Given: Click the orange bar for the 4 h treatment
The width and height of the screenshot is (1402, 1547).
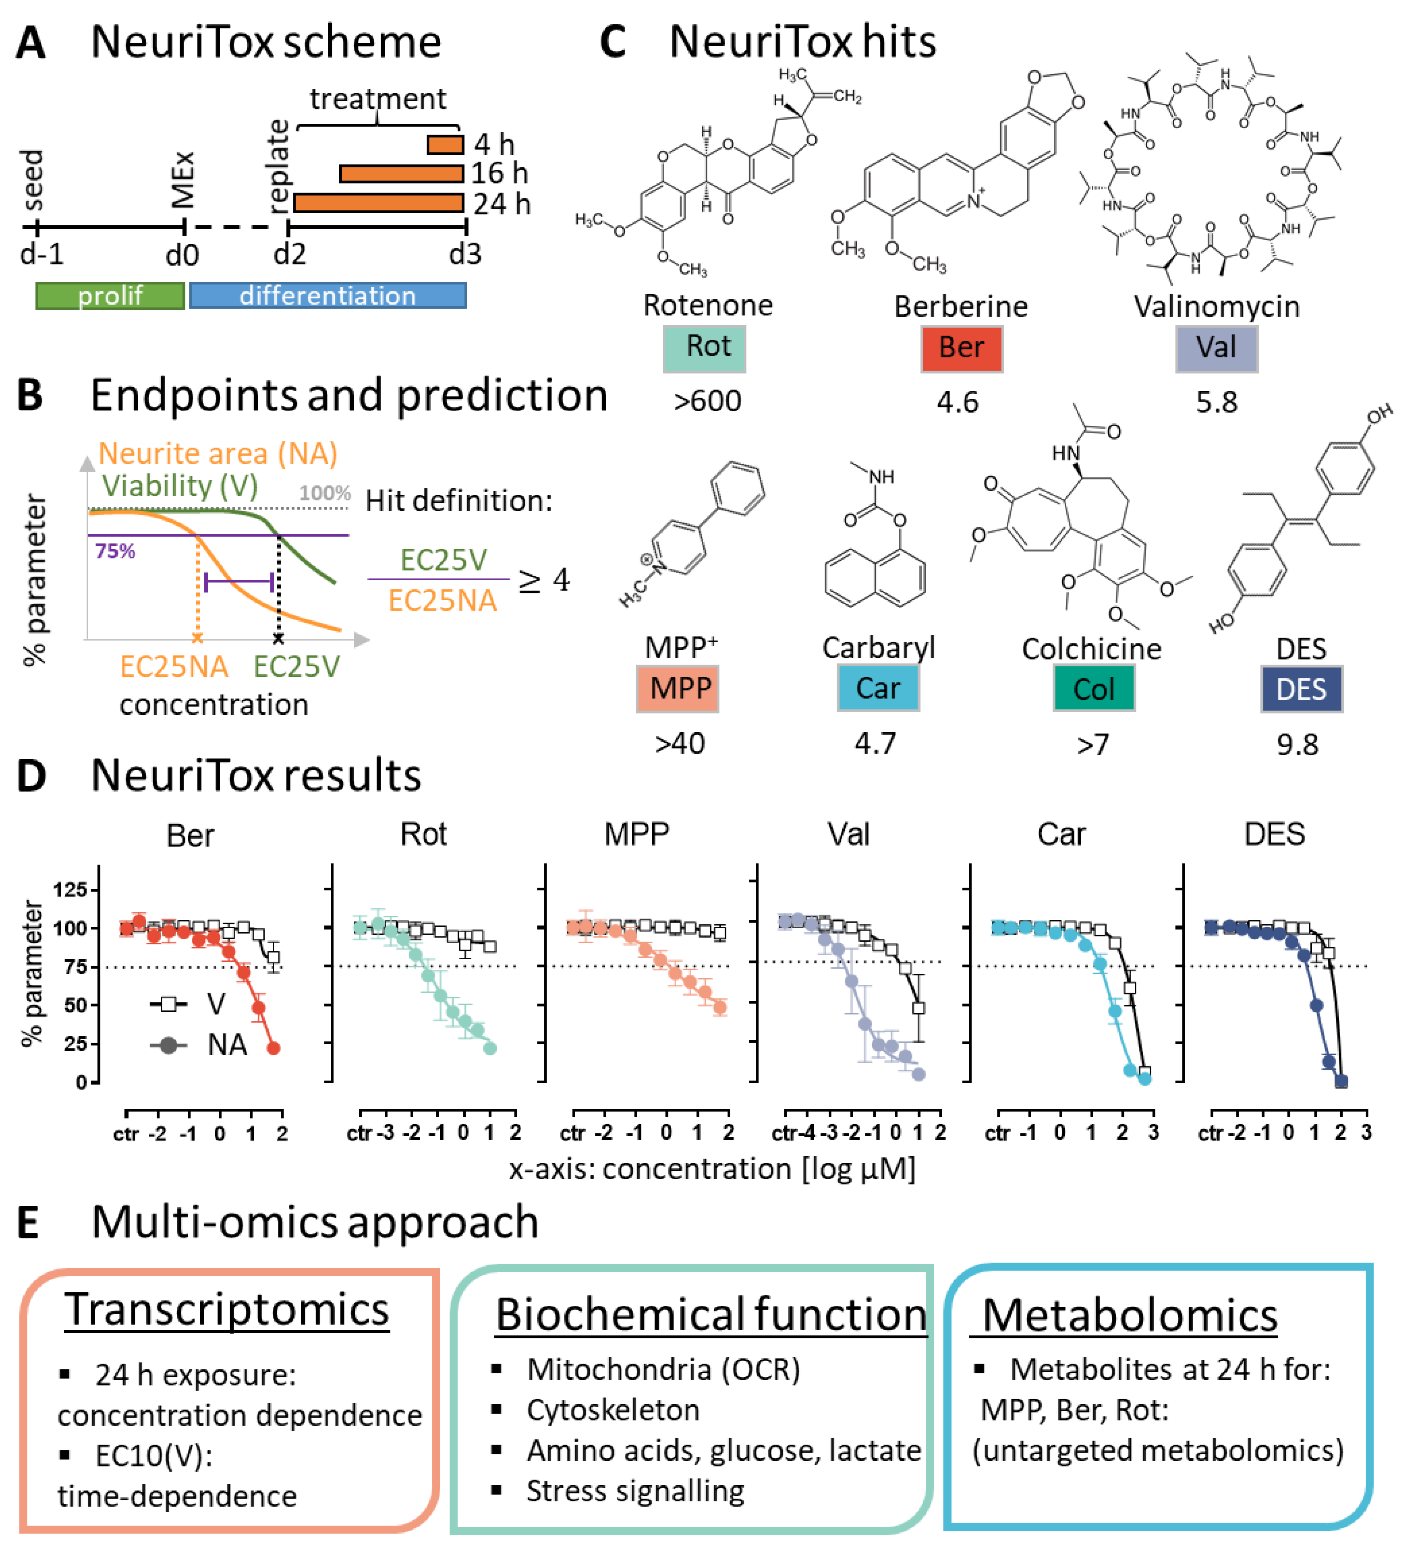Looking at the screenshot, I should [x=445, y=144].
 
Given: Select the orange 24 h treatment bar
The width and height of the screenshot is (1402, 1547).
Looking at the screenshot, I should [x=379, y=203].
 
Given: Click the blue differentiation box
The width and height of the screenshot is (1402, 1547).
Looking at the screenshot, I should [x=328, y=296].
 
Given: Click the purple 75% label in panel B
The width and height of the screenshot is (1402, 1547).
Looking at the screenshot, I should [x=115, y=551].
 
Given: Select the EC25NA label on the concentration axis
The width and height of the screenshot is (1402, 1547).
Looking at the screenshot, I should [x=174, y=666].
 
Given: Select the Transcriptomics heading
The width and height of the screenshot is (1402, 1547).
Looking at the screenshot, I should [x=227, y=1311].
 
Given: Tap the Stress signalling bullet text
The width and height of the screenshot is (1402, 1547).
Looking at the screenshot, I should [x=635, y=1491].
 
